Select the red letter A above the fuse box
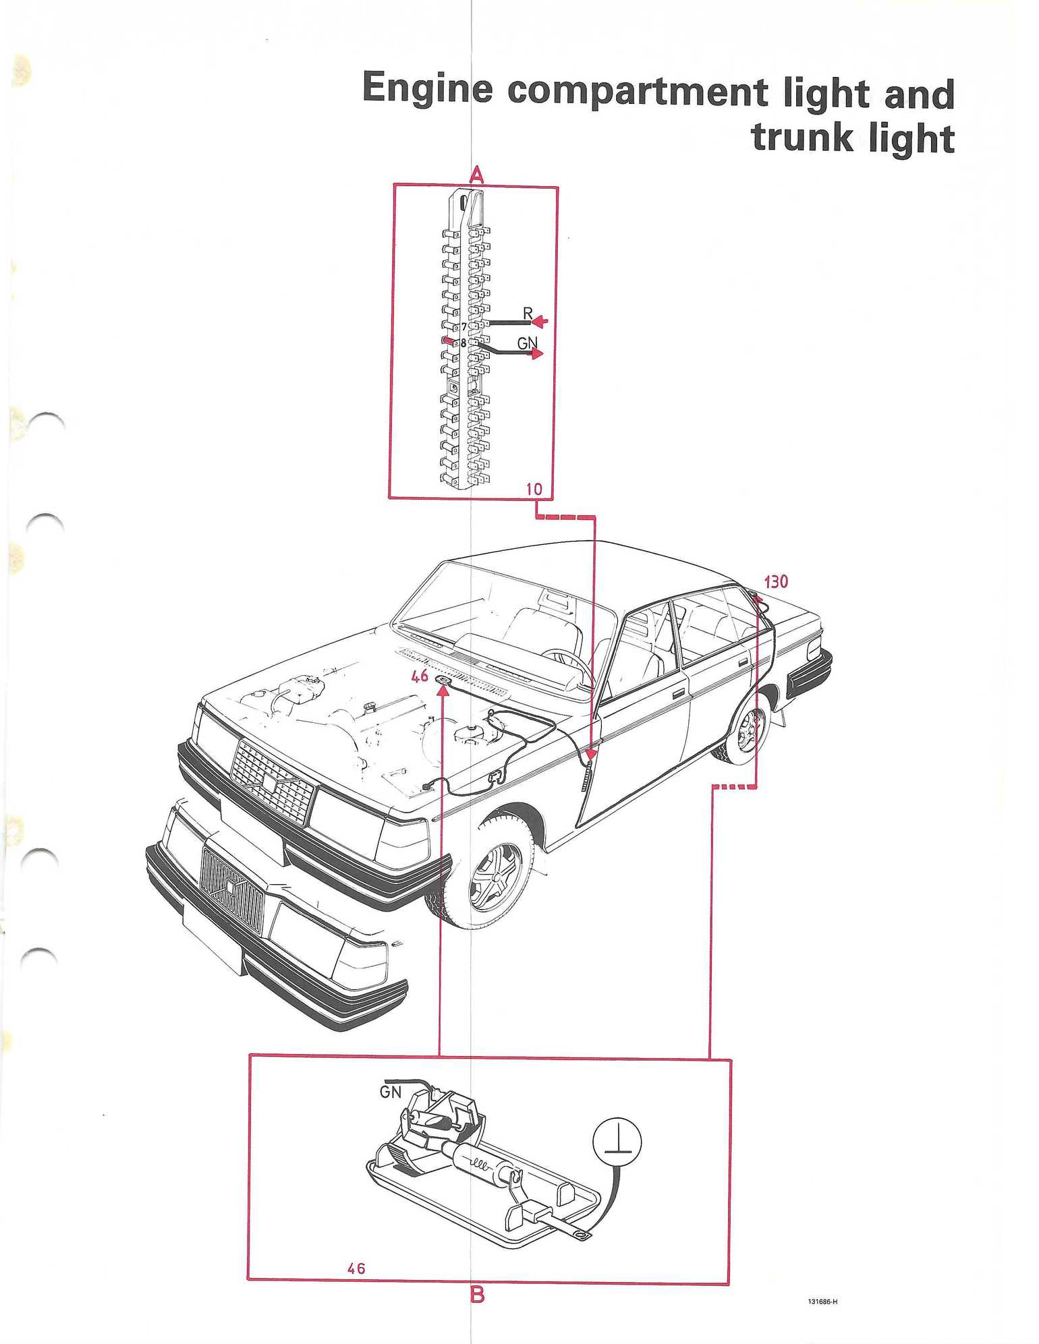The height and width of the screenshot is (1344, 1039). click(476, 176)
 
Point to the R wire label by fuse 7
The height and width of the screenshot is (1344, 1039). click(528, 314)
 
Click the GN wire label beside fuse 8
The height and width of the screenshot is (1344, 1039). click(528, 343)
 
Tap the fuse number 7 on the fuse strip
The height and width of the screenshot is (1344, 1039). click(464, 327)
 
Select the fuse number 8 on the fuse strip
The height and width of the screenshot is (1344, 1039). click(464, 343)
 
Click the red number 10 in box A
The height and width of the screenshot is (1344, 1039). click(534, 489)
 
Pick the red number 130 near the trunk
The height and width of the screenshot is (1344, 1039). click(776, 581)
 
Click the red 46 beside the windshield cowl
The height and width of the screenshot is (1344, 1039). click(420, 675)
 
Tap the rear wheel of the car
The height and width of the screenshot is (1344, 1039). click(744, 731)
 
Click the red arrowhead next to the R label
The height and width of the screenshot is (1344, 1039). click(542, 321)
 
